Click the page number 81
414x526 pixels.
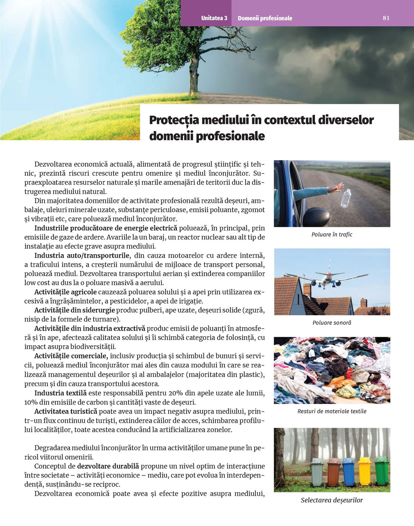[x=386, y=18]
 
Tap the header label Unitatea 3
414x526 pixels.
[x=214, y=18]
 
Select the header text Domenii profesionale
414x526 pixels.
[x=265, y=18]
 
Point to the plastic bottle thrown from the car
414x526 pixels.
[x=346, y=198]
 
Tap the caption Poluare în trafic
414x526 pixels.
[x=332, y=234]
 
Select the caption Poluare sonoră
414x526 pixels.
[x=332, y=322]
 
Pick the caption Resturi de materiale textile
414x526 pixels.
[x=332, y=411]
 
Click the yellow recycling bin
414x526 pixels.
[x=365, y=471]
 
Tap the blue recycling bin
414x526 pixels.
[x=348, y=472]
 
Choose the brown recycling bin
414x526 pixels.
[x=333, y=472]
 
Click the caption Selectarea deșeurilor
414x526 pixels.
[x=332, y=500]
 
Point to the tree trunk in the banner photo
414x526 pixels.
[x=193, y=77]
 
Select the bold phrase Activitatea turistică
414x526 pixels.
[x=66, y=411]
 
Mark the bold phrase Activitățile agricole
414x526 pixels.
[x=65, y=292]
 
